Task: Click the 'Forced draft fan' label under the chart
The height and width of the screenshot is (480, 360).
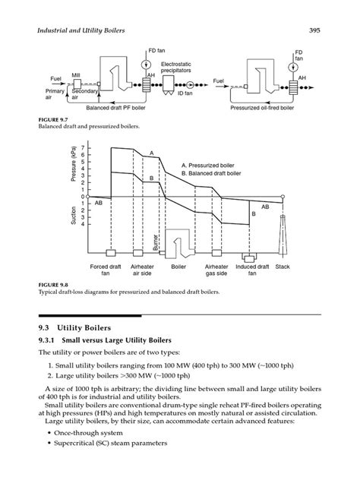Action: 109,270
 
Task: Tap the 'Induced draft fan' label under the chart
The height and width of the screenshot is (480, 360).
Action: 247,270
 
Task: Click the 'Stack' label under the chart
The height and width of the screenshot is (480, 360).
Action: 283,267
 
